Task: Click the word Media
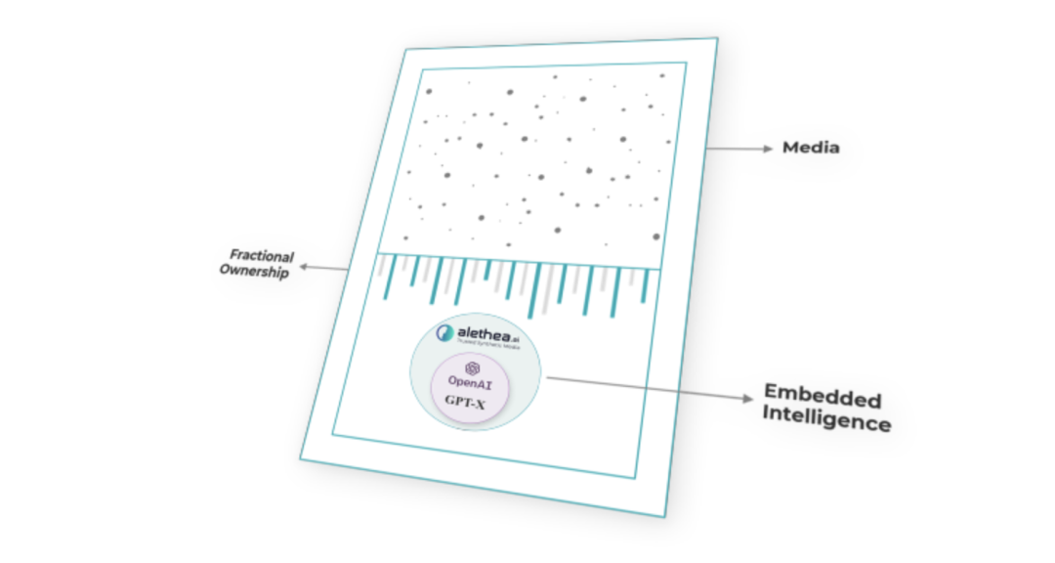pyautogui.click(x=811, y=149)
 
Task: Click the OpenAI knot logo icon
pyautogui.click(x=474, y=368)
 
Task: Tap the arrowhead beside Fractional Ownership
pyautogui.click(x=304, y=265)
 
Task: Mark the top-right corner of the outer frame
pyautogui.click(x=717, y=39)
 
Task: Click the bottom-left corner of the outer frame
pyautogui.click(x=300, y=458)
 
